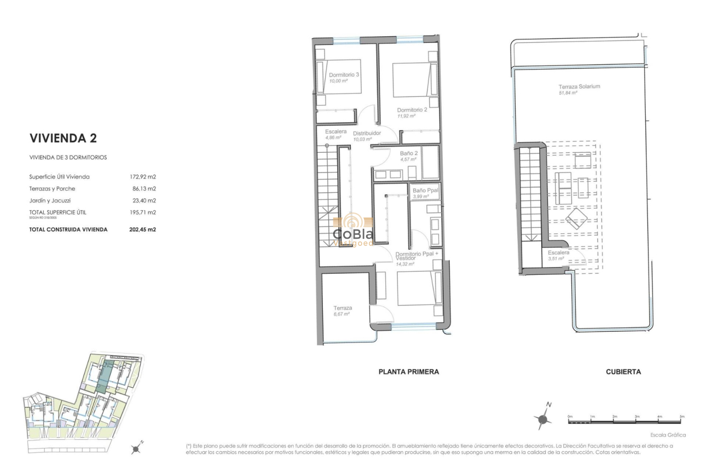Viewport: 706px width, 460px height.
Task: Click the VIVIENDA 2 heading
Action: pyautogui.click(x=63, y=138)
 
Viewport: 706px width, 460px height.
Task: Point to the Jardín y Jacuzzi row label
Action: pyautogui.click(x=50, y=200)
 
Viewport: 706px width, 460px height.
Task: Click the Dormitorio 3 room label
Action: pyautogui.click(x=344, y=74)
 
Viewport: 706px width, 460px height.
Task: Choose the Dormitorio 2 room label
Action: pyautogui.click(x=412, y=109)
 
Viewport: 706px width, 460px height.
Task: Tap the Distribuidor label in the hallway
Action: pyautogui.click(x=367, y=133)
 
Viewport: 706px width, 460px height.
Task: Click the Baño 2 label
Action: pyautogui.click(x=408, y=153)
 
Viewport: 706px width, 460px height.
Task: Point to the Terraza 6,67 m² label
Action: pyautogui.click(x=343, y=308)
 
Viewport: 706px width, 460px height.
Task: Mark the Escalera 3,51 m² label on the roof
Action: pyautogui.click(x=558, y=252)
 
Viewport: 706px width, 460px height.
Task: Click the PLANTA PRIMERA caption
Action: pyautogui.click(x=408, y=372)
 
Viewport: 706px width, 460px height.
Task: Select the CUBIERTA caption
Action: pyautogui.click(x=623, y=372)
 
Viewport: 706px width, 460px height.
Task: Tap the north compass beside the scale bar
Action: pyautogui.click(x=543, y=419)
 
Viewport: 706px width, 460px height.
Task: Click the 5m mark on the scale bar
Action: pyautogui.click(x=681, y=417)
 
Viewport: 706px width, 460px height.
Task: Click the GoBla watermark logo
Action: pyautogui.click(x=353, y=230)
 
